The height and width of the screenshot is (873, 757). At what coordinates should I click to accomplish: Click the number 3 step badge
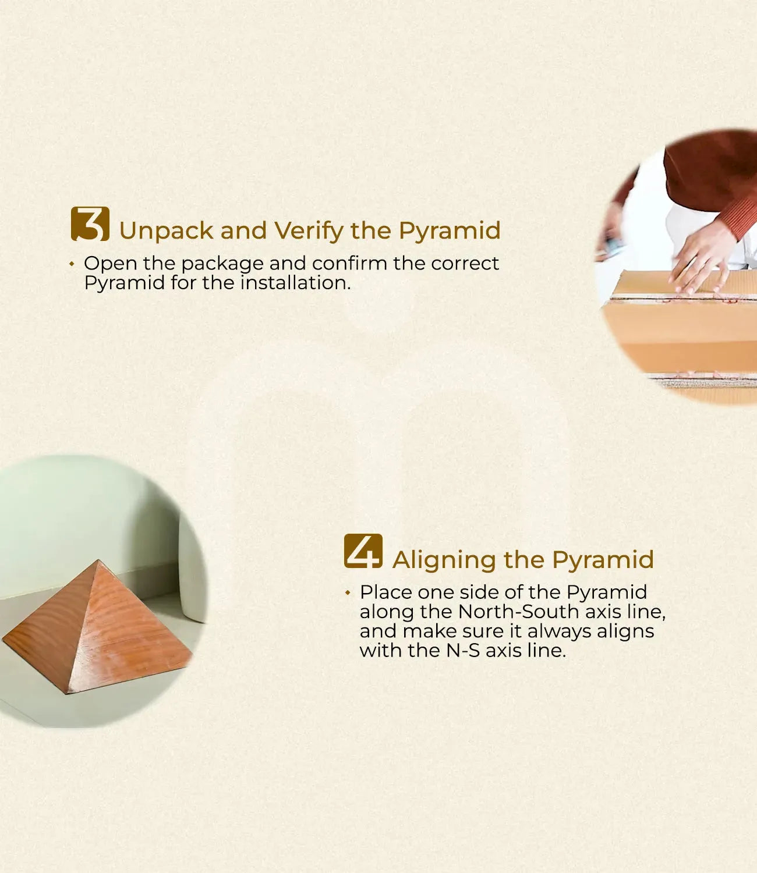click(x=90, y=224)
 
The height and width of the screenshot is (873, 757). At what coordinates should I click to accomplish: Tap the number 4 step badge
click(x=363, y=551)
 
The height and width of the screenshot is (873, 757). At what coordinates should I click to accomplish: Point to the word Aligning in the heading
click(x=444, y=560)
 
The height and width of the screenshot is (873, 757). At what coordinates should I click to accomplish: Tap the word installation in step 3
click(x=295, y=282)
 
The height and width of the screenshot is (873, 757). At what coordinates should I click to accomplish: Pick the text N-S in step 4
click(x=463, y=650)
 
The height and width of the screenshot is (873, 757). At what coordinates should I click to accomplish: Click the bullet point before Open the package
click(x=72, y=264)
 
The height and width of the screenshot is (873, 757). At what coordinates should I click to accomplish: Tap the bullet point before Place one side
click(x=348, y=592)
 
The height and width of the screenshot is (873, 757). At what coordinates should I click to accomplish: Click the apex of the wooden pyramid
click(x=98, y=560)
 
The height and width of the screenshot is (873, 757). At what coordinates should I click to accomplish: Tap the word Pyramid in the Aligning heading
click(x=603, y=560)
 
